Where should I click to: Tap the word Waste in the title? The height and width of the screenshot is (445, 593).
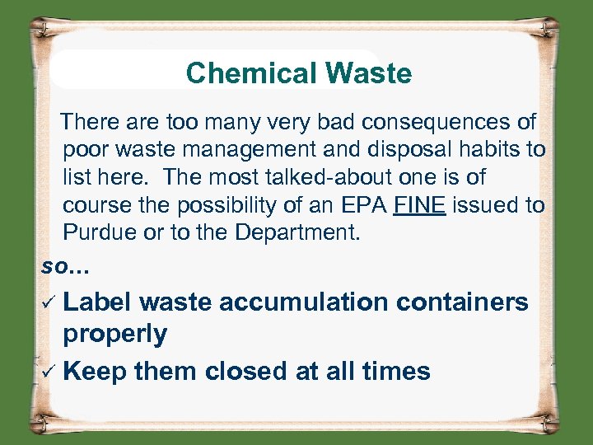coord(369,73)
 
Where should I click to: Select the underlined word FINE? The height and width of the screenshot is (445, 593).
coord(420,204)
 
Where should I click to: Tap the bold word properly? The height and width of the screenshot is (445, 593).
coord(115,334)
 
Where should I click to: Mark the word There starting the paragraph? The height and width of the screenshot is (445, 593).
coord(91,123)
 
